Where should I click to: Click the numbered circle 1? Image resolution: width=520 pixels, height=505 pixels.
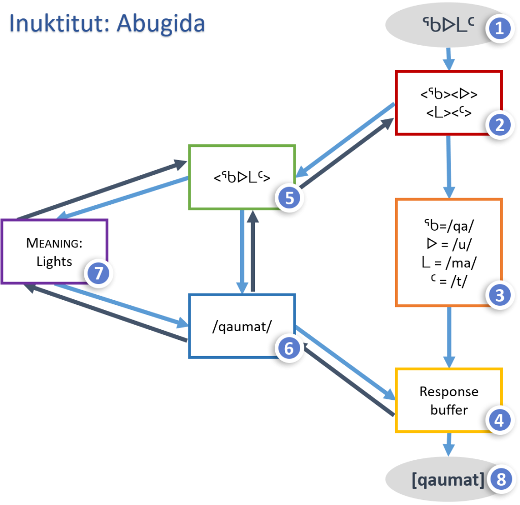point(500,28)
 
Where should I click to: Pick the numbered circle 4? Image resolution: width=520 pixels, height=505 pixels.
point(500,420)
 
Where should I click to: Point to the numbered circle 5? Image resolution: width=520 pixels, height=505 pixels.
point(289,198)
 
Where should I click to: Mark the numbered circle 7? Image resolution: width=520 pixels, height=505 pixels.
point(98,273)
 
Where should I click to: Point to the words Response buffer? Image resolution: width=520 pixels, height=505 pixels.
point(449,400)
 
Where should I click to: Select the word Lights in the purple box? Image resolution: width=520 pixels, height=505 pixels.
point(54,262)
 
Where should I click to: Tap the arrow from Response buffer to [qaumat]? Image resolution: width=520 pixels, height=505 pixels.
point(448,444)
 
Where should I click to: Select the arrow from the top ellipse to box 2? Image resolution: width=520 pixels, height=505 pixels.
point(448,58)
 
